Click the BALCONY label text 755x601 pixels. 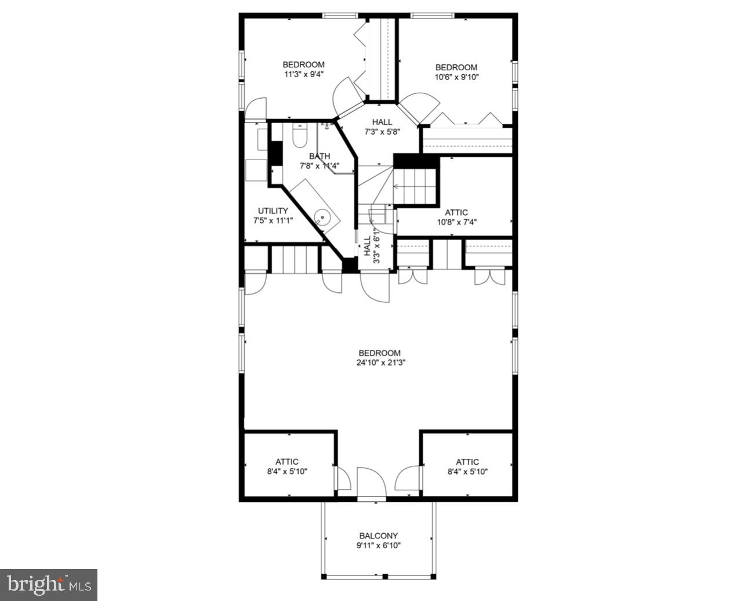(x=378, y=536)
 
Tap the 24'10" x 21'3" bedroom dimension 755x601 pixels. (x=379, y=363)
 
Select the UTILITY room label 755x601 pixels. (x=273, y=211)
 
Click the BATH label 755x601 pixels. (x=320, y=156)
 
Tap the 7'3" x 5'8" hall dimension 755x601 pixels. (x=382, y=132)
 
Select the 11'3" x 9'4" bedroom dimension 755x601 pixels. (x=303, y=74)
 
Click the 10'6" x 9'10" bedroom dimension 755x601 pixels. (x=456, y=77)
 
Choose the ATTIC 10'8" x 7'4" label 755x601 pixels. (x=456, y=217)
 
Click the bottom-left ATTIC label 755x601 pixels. (x=287, y=462)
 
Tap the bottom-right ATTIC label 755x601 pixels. (x=467, y=462)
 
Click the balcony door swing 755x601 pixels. (x=371, y=483)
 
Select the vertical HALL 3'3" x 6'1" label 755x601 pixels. (x=371, y=249)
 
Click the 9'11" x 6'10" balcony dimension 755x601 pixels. (x=378, y=546)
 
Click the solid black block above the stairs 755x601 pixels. (x=415, y=161)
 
